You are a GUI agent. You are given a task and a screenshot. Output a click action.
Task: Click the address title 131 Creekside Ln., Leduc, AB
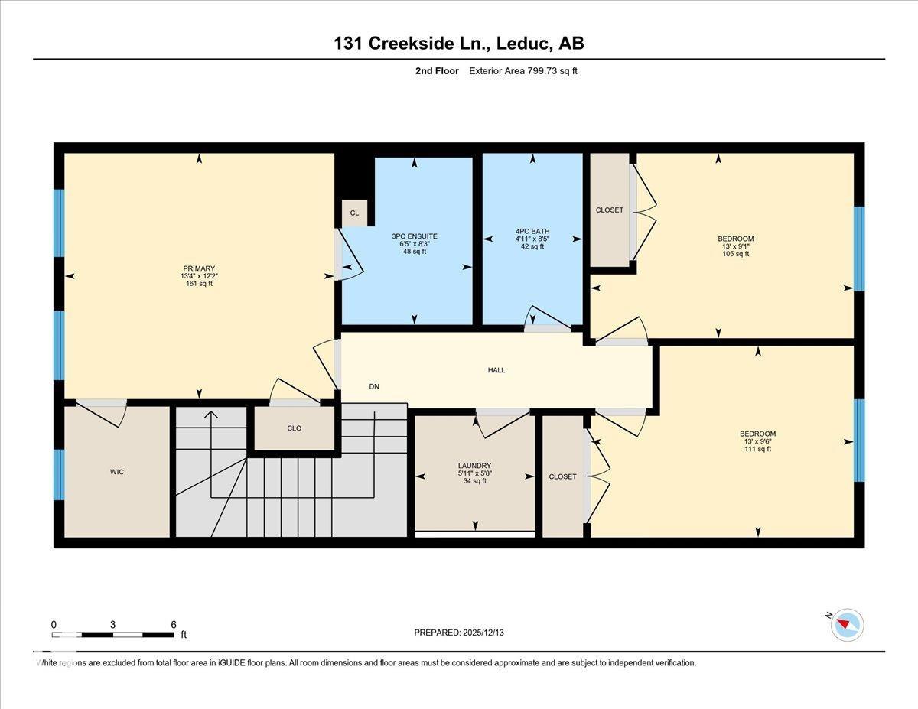[458, 44]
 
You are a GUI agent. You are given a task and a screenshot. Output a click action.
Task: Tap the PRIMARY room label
[199, 268]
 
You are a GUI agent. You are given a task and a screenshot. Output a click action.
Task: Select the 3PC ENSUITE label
[414, 236]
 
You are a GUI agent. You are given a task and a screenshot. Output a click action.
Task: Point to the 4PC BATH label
[532, 231]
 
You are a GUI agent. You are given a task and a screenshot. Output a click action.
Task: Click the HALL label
[496, 370]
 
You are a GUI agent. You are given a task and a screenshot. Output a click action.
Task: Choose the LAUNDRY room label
[474, 466]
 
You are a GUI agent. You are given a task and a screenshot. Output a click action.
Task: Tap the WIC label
[116, 472]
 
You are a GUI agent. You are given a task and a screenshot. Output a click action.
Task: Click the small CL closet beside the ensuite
[354, 213]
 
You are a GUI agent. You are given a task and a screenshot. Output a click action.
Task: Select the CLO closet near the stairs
[294, 428]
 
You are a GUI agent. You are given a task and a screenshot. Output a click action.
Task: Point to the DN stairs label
[374, 386]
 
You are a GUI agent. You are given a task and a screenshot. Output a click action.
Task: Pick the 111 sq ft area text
[757, 449]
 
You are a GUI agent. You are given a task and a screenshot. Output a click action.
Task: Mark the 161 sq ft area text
[199, 284]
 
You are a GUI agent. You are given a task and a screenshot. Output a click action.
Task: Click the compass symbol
[846, 624]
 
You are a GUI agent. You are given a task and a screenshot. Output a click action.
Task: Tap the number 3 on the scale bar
[112, 624]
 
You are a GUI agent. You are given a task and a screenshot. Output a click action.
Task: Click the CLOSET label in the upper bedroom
[609, 210]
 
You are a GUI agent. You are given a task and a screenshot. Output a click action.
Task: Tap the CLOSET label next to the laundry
[562, 476]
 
